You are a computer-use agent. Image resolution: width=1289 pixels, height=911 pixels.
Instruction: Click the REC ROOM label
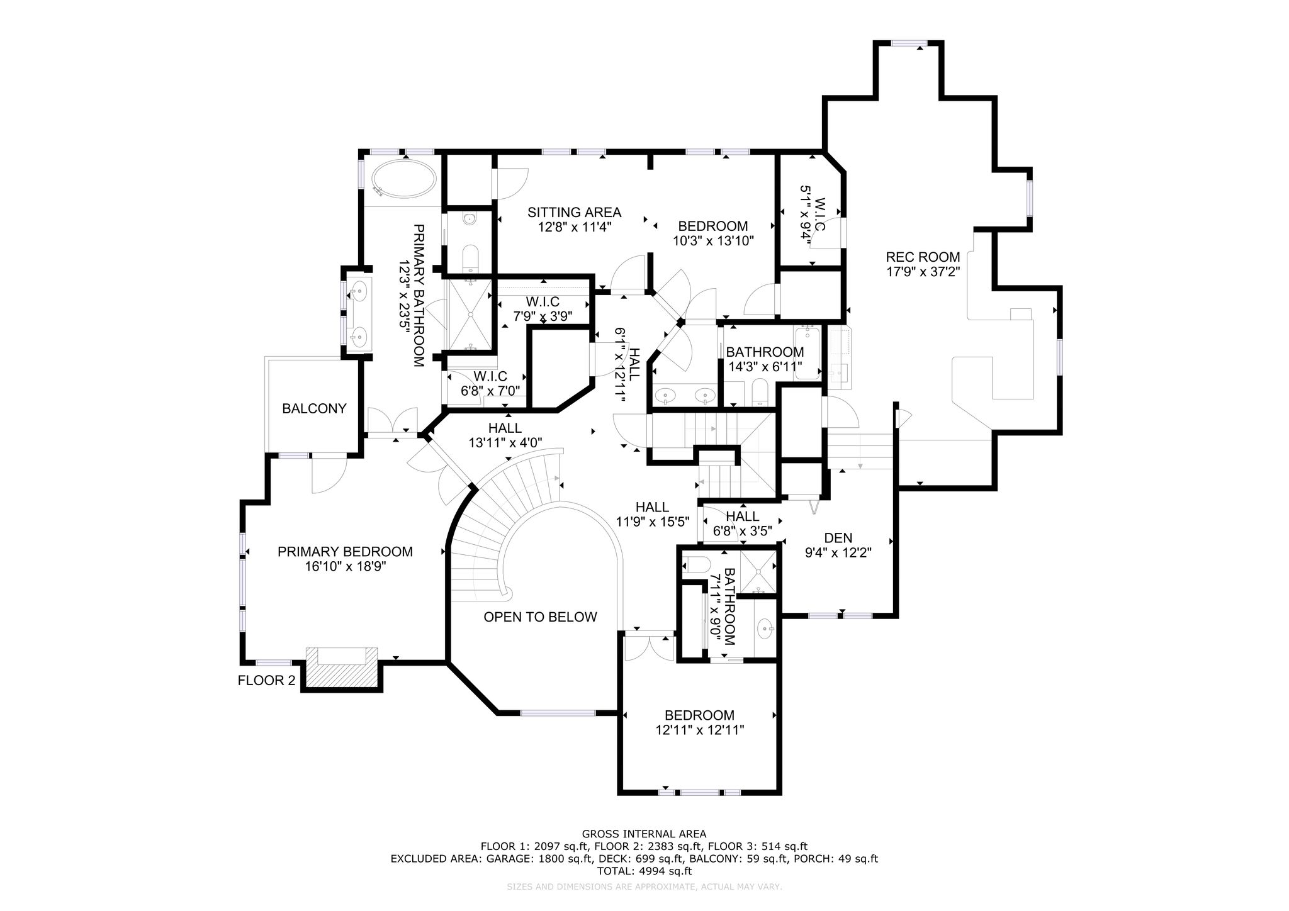[x=923, y=257]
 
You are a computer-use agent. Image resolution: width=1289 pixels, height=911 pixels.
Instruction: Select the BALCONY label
[x=314, y=408]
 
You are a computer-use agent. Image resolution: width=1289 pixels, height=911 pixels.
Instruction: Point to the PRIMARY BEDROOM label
[x=345, y=552]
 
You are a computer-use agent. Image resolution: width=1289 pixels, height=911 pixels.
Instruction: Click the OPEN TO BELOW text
[x=540, y=617]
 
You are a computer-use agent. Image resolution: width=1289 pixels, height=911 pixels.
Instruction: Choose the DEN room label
[x=838, y=538]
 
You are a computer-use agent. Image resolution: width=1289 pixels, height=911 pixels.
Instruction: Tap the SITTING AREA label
[x=574, y=213]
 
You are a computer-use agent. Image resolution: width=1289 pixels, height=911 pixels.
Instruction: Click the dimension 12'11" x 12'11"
[x=699, y=730]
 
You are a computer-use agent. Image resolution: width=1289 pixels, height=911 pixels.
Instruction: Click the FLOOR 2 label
[x=266, y=680]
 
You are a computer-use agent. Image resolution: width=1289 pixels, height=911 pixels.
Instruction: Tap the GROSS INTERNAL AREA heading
[x=644, y=834]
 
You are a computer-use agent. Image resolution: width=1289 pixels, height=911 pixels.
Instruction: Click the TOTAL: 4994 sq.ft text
[x=644, y=871]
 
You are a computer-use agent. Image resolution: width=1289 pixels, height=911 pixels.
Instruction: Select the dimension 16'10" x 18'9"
[x=345, y=566]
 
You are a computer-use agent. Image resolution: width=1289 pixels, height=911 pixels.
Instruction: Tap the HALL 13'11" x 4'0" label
[x=505, y=435]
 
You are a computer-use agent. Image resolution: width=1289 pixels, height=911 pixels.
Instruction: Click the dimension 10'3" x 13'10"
[x=713, y=240]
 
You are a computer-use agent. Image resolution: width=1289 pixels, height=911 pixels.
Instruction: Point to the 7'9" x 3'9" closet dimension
[x=543, y=316]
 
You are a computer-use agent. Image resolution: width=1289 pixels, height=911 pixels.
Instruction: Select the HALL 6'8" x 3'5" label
[x=742, y=523]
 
